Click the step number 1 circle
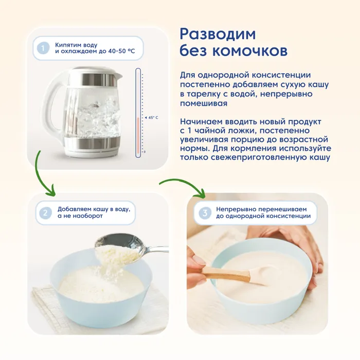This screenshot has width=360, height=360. pyautogui.click(x=43, y=48)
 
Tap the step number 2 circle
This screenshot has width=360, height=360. pyautogui.click(x=45, y=213)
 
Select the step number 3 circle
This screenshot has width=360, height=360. pyautogui.click(x=205, y=213)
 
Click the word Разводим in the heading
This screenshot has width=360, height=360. pyautogui.click(x=218, y=34)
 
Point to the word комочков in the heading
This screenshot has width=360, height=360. pyautogui.click(x=250, y=51)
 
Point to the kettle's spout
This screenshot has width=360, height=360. pyautogui.click(x=118, y=75)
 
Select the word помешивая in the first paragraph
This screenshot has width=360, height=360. pyautogui.click(x=204, y=103)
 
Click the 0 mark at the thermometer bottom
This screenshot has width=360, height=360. pyautogui.click(x=145, y=152)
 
